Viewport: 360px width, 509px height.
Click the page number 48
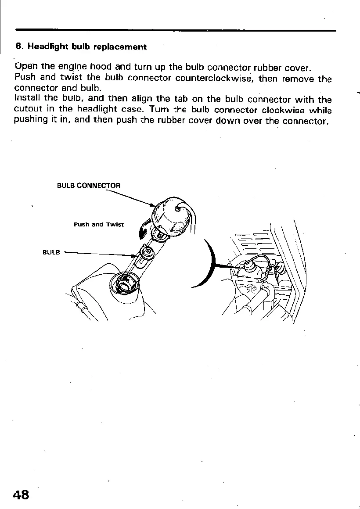pyautogui.click(x=21, y=495)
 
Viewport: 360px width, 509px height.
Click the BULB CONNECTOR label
pyautogui.click(x=89, y=186)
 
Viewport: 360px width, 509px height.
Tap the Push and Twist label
pyautogui.click(x=99, y=225)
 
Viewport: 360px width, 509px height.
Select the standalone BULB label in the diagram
pyautogui.click(x=51, y=253)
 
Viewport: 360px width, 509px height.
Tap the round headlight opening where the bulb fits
pyautogui.click(x=124, y=283)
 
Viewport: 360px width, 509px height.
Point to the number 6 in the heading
pyautogui.click(x=18, y=47)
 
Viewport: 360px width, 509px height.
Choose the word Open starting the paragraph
pyautogui.click(x=26, y=67)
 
